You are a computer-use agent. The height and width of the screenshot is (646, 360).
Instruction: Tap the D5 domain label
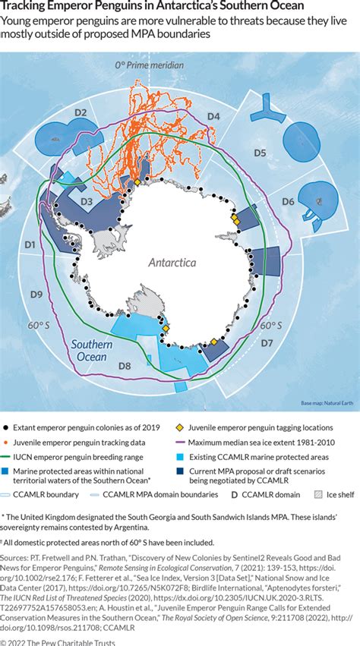260,153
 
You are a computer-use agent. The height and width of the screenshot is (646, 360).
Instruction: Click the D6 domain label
288,201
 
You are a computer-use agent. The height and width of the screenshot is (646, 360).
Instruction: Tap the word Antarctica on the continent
172,263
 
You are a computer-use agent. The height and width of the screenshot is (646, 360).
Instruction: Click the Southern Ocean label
93,351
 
